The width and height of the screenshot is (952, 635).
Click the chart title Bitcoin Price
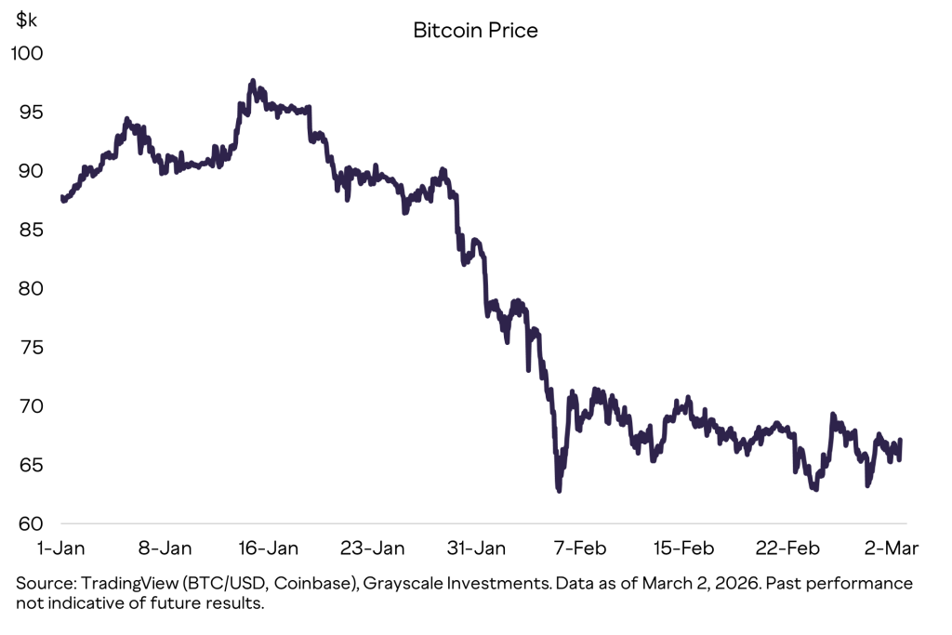(x=475, y=31)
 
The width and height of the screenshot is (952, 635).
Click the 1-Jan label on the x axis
(x=62, y=549)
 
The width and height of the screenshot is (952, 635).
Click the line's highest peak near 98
(x=253, y=83)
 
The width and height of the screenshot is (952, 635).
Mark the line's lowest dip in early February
(x=559, y=490)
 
